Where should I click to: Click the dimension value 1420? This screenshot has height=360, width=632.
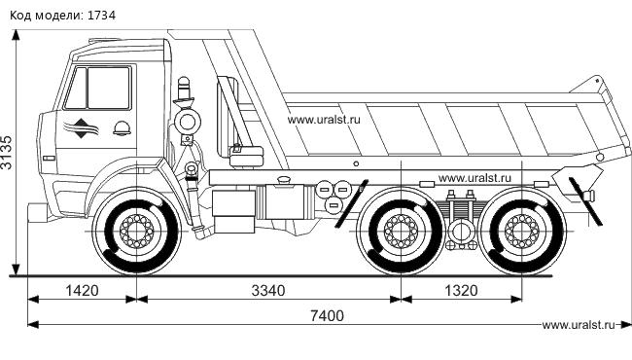(82, 291)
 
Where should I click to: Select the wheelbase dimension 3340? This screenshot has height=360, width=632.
(268, 291)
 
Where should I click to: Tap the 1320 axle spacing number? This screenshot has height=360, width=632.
(461, 291)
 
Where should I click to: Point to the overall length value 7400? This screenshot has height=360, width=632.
(328, 315)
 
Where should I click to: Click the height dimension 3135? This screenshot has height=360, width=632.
(7, 152)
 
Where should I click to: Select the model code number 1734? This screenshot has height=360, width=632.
(101, 16)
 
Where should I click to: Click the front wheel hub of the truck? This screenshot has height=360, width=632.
(137, 232)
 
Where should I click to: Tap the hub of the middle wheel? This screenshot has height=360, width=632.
(401, 232)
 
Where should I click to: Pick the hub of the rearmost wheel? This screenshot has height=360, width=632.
(521, 232)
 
